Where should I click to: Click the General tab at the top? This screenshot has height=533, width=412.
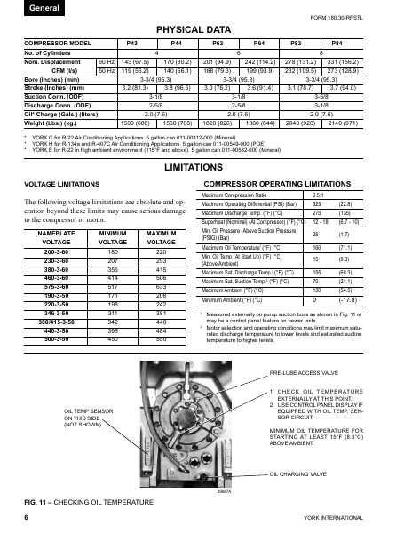pos(19,7)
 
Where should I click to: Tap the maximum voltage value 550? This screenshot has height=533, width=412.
pos(162,338)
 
